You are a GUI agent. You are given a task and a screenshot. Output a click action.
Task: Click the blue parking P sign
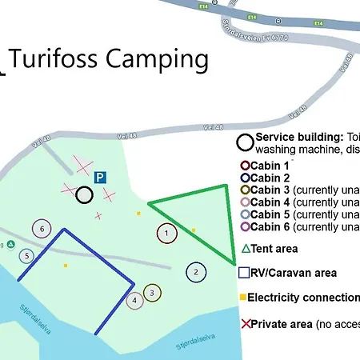coord(100,178)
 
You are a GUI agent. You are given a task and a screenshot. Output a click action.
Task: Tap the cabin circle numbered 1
coord(166,234)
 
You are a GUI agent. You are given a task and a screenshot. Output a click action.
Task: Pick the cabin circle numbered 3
coord(152,293)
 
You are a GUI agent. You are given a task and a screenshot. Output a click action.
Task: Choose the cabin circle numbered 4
coord(135,300)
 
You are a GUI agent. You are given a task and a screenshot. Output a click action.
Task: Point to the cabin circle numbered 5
coord(27,256)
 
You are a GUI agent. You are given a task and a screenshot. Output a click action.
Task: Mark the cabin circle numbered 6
coord(42,229)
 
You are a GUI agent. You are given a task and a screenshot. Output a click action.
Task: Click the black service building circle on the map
coord(84,195)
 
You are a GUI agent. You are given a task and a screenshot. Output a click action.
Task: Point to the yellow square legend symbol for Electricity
coord(242,298)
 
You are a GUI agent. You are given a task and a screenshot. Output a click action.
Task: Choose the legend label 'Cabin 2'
coord(270,178)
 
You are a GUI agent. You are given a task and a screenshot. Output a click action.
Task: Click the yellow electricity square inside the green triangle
coord(194,230)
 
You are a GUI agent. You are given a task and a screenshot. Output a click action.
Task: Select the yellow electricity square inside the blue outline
coord(66,266)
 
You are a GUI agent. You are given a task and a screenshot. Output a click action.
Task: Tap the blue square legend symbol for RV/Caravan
coord(243,273)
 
